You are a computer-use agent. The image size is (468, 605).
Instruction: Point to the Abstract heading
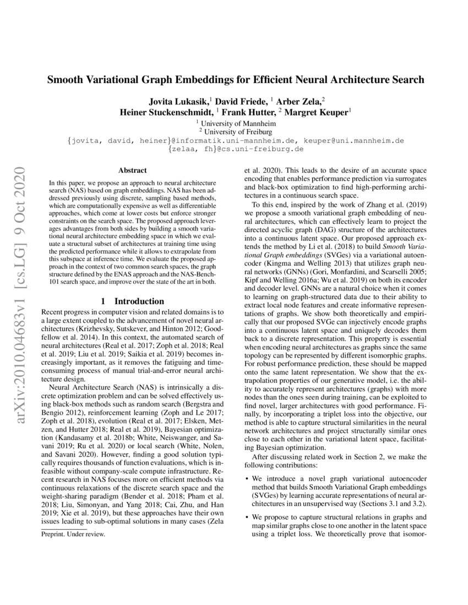[x=131, y=171]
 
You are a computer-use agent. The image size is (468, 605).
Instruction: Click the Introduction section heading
[x=131, y=301]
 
